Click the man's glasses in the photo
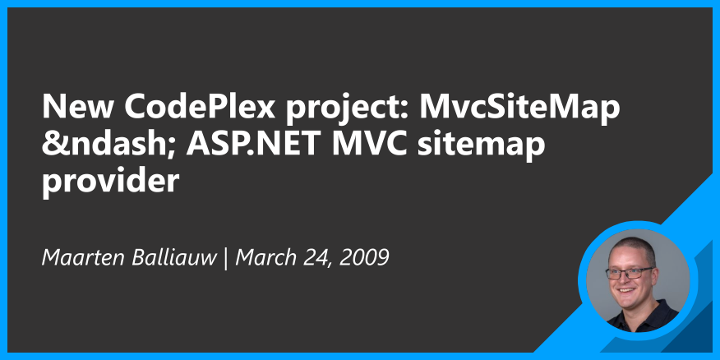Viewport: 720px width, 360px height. (630, 270)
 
